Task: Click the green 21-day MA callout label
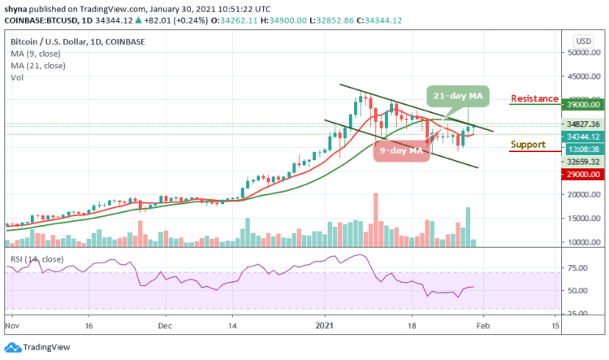(457, 96)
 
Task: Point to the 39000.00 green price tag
(584, 104)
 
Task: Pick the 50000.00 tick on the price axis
(584, 52)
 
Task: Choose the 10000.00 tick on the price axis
(584, 242)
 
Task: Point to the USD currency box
(582, 39)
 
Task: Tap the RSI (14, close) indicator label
(35, 258)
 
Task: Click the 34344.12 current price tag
(584, 137)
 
